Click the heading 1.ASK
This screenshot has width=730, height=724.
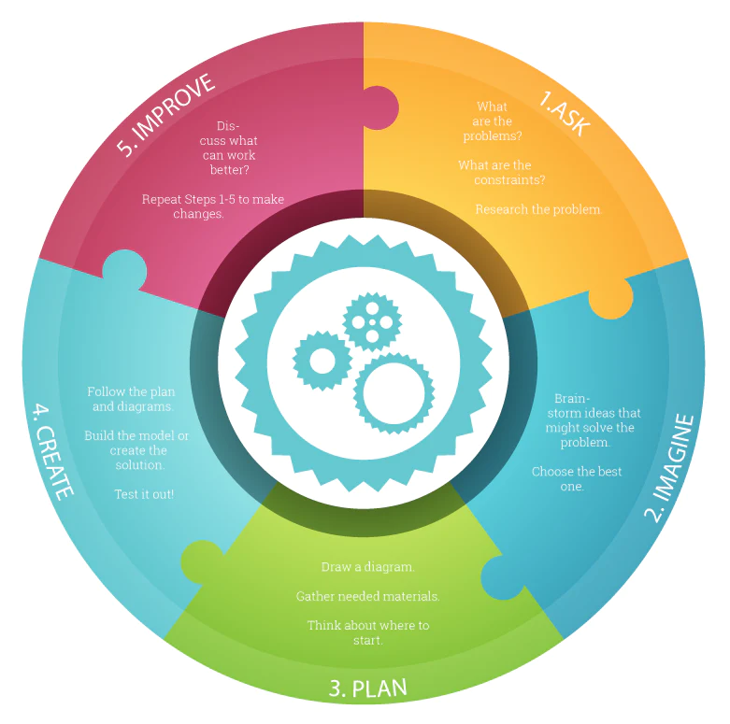tap(565, 114)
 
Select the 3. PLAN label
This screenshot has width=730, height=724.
tap(367, 689)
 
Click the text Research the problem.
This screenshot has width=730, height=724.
tap(538, 209)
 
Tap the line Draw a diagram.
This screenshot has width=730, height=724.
tap(367, 567)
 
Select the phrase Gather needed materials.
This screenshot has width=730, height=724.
tap(367, 596)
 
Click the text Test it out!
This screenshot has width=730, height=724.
tap(144, 493)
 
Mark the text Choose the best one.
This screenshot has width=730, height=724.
tap(576, 478)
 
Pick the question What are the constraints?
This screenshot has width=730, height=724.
tap(501, 173)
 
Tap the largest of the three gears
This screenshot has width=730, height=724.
tap(394, 392)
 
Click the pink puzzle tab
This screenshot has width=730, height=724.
tap(378, 107)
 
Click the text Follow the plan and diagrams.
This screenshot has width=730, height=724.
tap(131, 399)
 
